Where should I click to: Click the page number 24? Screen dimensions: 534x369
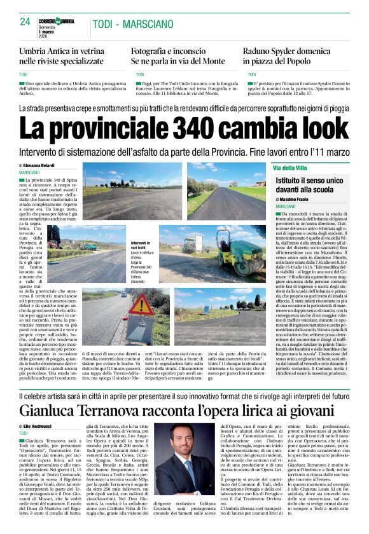[25, 22]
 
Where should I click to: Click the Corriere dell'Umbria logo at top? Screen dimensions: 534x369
[58, 22]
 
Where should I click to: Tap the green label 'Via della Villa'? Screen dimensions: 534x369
[289, 168]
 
